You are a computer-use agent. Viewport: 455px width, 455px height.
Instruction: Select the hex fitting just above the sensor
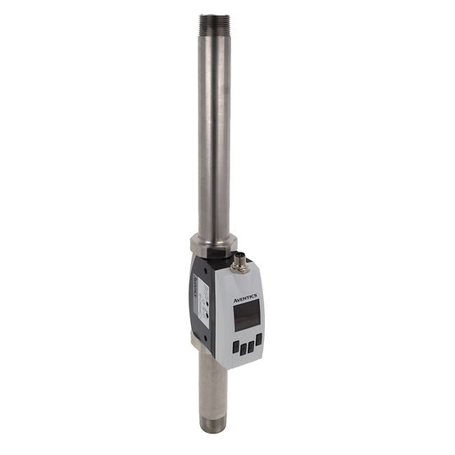point(213,244)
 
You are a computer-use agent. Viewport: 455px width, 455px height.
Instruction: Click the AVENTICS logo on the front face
point(247,300)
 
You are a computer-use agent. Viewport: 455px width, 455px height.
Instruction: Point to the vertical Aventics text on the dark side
point(195,287)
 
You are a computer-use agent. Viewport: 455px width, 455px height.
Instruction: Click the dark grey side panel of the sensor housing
point(200,324)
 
